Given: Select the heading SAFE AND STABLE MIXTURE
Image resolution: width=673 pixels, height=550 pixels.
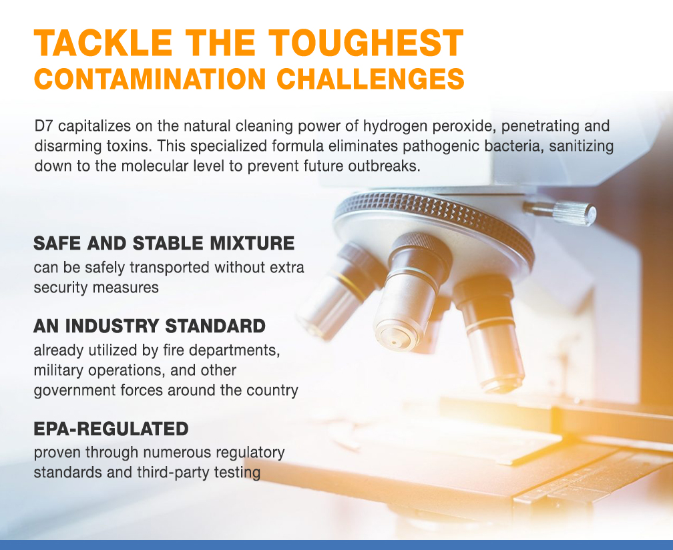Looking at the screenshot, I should coord(164,243).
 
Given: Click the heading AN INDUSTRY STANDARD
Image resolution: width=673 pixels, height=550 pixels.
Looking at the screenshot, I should coord(150,326).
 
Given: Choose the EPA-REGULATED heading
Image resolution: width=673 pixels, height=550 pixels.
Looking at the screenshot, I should coord(111,428).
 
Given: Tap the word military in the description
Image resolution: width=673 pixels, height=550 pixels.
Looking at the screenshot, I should coord(58,370).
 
